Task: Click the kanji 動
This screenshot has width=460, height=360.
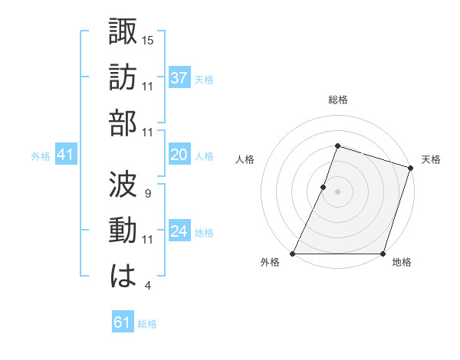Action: point(123,232)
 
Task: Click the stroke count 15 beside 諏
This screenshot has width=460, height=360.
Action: point(148,40)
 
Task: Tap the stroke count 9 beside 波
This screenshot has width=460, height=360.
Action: point(147,193)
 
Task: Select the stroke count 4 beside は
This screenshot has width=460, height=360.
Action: point(147,286)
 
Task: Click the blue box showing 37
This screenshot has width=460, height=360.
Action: point(179,77)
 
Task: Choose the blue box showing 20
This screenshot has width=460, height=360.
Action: point(179,155)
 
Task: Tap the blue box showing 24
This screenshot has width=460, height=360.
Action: point(179,231)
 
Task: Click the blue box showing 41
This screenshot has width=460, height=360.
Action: point(65,155)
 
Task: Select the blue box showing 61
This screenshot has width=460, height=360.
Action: point(122,322)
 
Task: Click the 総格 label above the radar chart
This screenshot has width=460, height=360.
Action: point(337,100)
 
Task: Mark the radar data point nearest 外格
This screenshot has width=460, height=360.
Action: point(293,254)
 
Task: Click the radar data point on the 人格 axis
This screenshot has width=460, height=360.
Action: point(324,187)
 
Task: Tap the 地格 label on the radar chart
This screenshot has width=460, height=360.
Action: point(401,263)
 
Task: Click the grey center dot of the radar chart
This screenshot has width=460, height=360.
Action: point(337,191)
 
